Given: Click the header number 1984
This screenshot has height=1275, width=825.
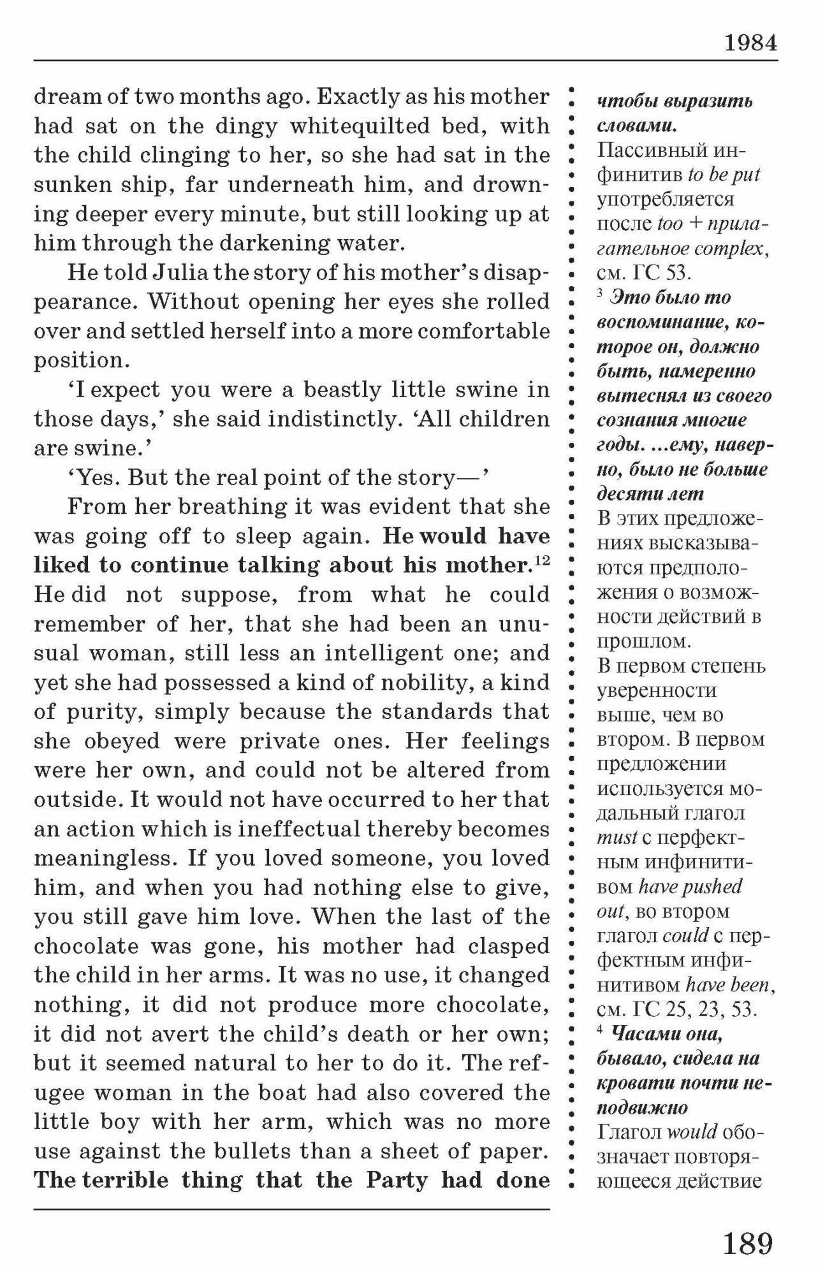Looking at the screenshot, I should (750, 43).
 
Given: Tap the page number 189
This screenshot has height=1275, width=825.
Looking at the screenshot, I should (748, 1243).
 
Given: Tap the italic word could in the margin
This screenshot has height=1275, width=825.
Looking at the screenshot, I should (685, 936).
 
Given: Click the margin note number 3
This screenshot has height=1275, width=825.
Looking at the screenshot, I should (601, 294).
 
